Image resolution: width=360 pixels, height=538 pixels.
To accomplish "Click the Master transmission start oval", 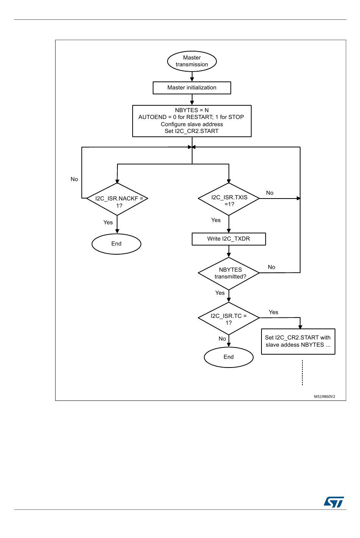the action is [x=192, y=61].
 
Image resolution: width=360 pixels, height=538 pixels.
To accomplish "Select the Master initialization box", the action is [x=192, y=88].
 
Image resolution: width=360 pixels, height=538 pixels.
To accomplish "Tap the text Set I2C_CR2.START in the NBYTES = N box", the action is [x=192, y=131].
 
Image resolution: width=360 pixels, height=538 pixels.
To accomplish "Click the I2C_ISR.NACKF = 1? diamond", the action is [x=117, y=199].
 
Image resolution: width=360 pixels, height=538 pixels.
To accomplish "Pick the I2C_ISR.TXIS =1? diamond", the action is [x=229, y=199].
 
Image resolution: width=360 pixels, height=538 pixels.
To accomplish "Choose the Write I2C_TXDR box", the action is [x=229, y=239].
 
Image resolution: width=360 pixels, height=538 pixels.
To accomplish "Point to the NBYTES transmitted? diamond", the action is [x=229, y=274].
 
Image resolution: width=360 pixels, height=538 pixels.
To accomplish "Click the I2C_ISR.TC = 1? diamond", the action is [x=229, y=318].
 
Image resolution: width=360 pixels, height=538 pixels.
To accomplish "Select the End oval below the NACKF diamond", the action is [x=116, y=244].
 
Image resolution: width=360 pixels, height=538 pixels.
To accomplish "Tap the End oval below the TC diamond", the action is [x=229, y=357].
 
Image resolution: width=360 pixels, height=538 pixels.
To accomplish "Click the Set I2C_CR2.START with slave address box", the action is [x=298, y=341].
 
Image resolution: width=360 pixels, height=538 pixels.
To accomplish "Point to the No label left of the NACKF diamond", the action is [x=74, y=179].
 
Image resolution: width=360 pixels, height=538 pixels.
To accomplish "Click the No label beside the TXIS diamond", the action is [x=270, y=193].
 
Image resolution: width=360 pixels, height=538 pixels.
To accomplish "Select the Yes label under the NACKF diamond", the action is [x=108, y=222].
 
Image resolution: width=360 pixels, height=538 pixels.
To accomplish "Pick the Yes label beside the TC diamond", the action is [x=274, y=312].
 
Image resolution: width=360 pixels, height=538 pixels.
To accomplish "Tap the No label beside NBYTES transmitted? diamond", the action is [x=272, y=267].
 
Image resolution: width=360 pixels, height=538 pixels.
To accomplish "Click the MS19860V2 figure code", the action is [x=324, y=397].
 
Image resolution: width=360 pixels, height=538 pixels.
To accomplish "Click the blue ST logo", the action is [x=334, y=502].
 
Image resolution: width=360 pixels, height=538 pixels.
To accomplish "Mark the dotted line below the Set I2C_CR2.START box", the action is [x=302, y=373].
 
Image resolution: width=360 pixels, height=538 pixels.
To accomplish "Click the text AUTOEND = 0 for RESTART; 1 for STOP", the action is [x=191, y=117].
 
